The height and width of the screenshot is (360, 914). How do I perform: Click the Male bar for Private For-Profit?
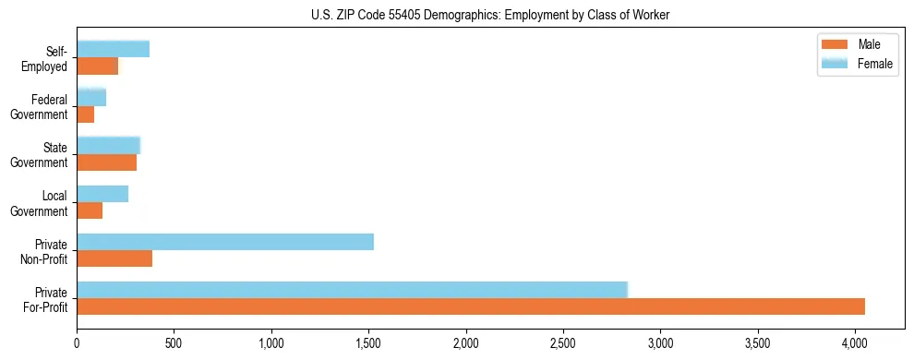(471, 306)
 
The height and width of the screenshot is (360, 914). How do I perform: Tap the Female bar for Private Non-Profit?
(225, 242)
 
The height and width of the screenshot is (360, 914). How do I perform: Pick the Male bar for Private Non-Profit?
(114, 258)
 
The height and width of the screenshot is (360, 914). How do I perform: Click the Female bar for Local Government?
(102, 194)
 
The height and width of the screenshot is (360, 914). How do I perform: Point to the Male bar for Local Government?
(90, 210)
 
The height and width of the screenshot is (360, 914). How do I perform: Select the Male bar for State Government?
(106, 162)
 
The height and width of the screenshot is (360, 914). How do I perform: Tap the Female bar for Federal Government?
(91, 98)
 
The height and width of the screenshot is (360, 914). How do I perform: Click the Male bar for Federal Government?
(85, 114)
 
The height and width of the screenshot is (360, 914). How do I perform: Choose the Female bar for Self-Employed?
(113, 50)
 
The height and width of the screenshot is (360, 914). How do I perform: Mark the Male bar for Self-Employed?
(97, 66)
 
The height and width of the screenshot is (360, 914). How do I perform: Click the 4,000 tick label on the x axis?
(855, 342)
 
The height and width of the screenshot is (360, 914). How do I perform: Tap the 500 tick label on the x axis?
(174, 342)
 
